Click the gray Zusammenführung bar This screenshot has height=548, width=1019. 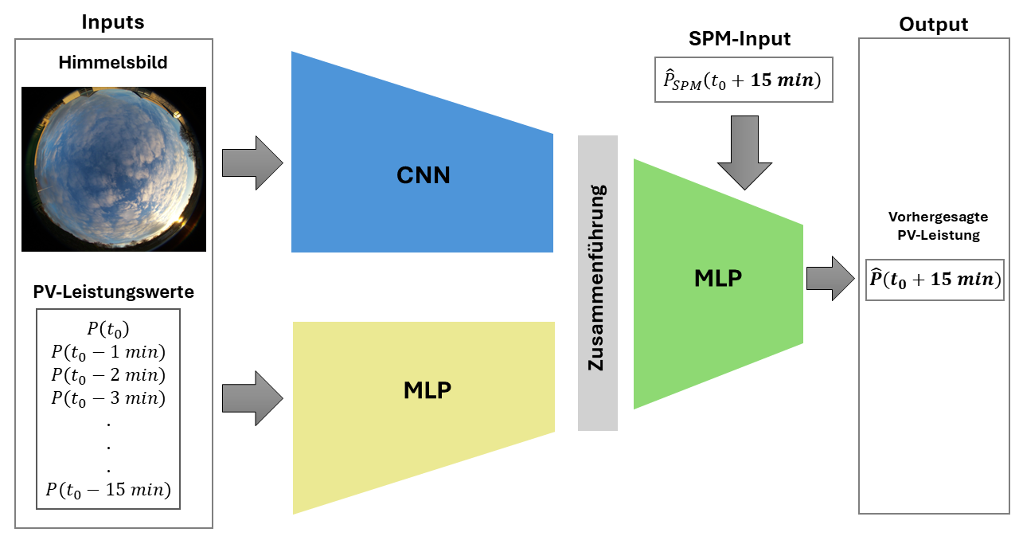[597, 283]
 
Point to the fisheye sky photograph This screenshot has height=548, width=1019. [113, 170]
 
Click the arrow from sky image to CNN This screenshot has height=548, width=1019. [252, 163]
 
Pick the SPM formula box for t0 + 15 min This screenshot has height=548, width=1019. [744, 80]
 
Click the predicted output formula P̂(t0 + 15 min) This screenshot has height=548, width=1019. [934, 280]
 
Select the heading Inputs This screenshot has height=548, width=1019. [113, 22]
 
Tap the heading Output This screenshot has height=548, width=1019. [934, 25]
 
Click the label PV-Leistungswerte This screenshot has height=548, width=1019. [113, 292]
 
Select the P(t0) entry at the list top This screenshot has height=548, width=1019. [108, 329]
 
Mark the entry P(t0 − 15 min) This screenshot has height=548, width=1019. [108, 489]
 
